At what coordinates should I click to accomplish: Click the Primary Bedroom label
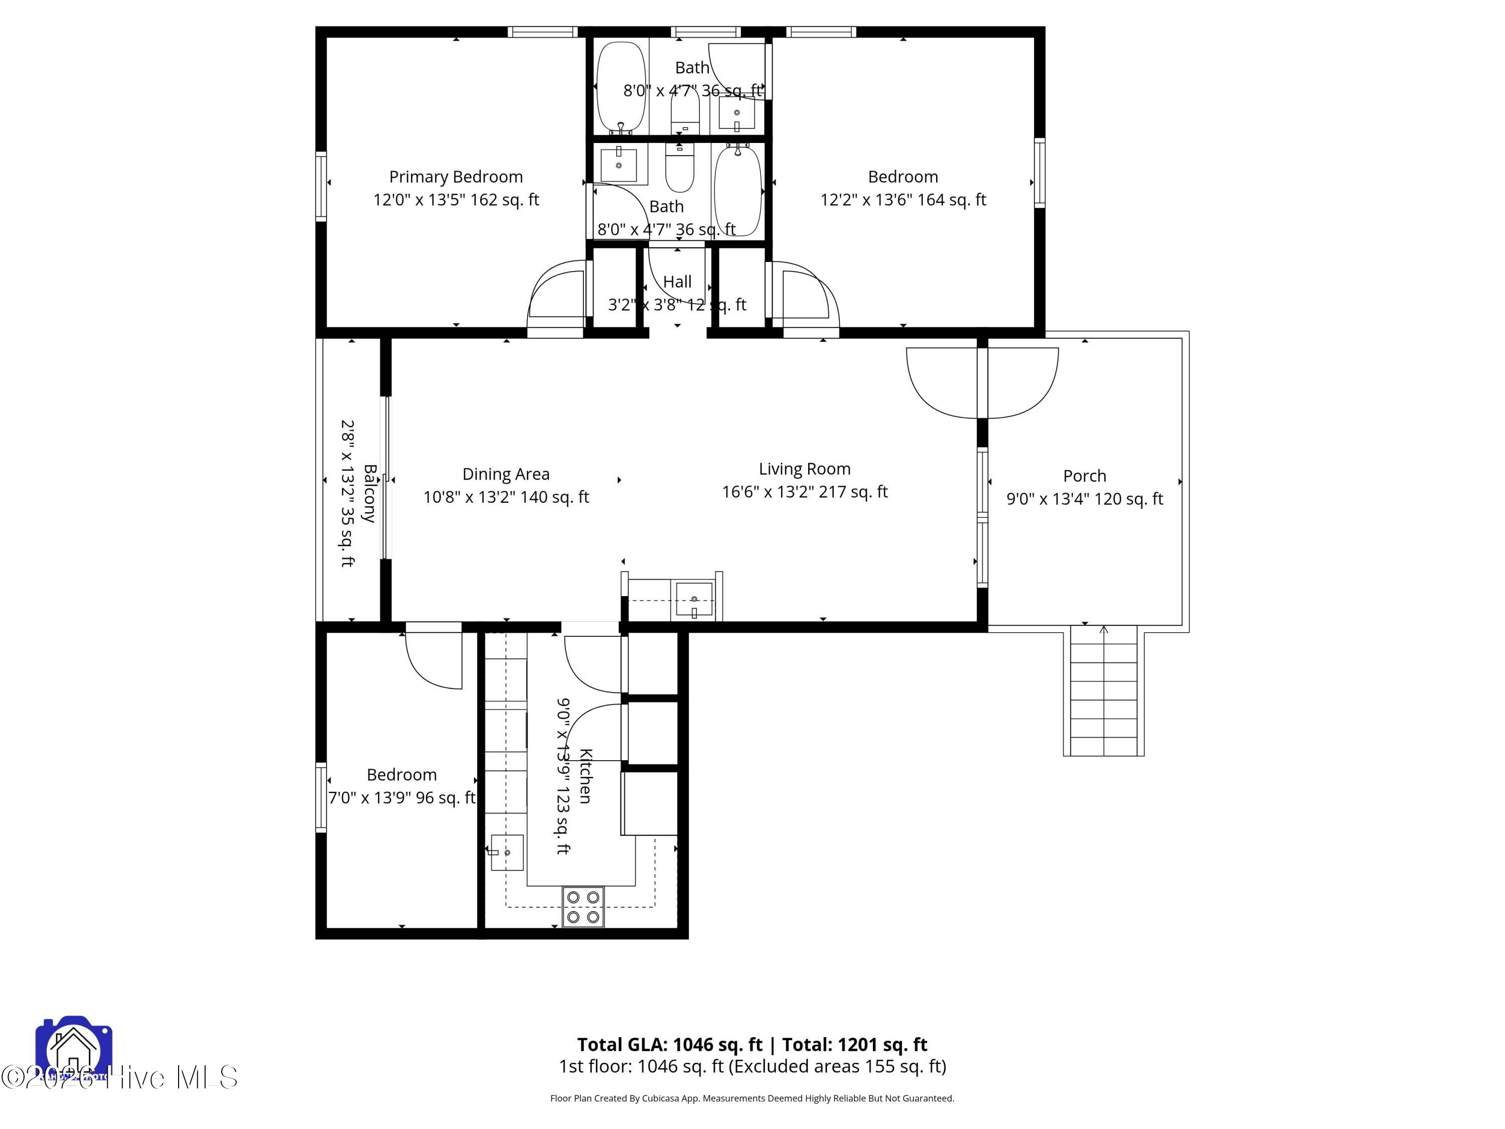tap(456, 177)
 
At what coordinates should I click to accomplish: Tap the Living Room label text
tap(804, 469)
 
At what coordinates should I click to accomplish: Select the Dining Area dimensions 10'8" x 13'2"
tap(506, 497)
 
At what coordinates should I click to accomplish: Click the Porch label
tap(1085, 476)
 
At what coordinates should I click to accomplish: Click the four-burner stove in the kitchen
tap(583, 907)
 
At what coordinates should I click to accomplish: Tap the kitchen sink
tap(507, 853)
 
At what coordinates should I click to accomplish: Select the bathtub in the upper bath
tap(621, 88)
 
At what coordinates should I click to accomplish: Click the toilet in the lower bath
tap(679, 169)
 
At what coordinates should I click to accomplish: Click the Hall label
tap(677, 281)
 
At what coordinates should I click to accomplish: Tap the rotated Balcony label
tap(369, 493)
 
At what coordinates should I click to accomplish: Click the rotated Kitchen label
tap(585, 776)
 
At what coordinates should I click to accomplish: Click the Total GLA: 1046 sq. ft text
tap(670, 1045)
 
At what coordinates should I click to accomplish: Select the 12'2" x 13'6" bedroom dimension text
tap(903, 200)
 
